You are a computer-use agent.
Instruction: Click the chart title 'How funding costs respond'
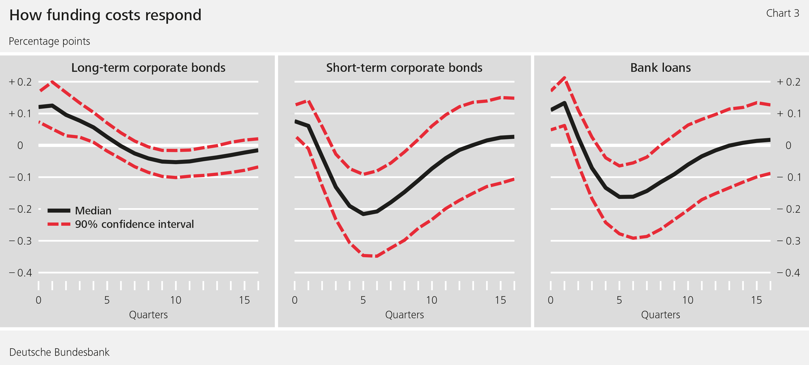105,15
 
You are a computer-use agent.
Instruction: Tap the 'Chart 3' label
782,13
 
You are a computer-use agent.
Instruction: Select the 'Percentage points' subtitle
49,41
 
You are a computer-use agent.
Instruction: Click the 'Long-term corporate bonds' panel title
148,67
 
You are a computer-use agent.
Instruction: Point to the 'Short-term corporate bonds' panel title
404,67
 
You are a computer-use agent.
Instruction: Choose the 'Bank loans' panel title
660,67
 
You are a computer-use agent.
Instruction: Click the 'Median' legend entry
93,210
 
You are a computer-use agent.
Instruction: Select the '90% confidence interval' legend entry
134,224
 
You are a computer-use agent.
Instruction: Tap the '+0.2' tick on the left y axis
20,82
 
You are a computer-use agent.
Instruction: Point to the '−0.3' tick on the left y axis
20,241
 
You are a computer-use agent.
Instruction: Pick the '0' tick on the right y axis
788,145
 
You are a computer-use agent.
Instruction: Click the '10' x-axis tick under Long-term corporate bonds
176,300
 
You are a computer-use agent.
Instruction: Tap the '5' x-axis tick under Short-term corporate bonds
363,300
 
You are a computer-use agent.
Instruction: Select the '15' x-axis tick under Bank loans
756,300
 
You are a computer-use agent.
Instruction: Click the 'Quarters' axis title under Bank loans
660,315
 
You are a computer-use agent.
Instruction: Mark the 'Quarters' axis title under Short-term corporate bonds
404,315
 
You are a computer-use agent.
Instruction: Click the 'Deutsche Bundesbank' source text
59,352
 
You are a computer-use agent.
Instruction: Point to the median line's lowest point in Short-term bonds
363,214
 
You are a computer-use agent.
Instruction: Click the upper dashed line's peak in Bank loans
565,78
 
